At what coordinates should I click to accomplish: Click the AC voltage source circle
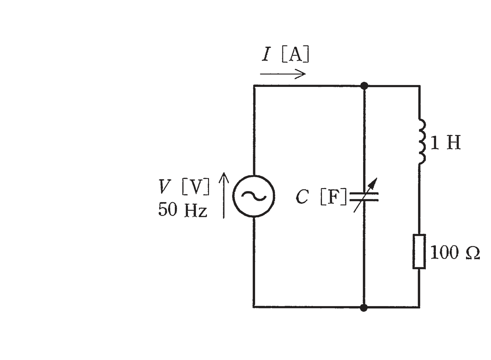pos(253,175)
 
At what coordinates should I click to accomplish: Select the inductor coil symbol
pos(423,142)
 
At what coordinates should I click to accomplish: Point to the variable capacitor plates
pos(364,197)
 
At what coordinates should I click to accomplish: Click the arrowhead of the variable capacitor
pos(374,182)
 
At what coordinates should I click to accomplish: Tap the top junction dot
pos(364,86)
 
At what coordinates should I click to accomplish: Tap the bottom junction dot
pos(364,308)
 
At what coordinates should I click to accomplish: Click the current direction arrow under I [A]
pos(283,74)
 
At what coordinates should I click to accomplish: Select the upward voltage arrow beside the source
pos(224,195)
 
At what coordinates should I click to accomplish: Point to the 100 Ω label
pos(455,252)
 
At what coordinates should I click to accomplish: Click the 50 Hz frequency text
pos(183,210)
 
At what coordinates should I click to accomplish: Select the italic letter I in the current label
pos(266,54)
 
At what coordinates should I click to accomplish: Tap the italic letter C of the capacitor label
pos(302,197)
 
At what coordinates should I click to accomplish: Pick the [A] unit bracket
pos(295,54)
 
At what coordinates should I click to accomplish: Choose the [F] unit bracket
pos(334,197)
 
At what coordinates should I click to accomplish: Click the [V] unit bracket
pos(196,186)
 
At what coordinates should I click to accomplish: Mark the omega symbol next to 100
pos(473,253)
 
